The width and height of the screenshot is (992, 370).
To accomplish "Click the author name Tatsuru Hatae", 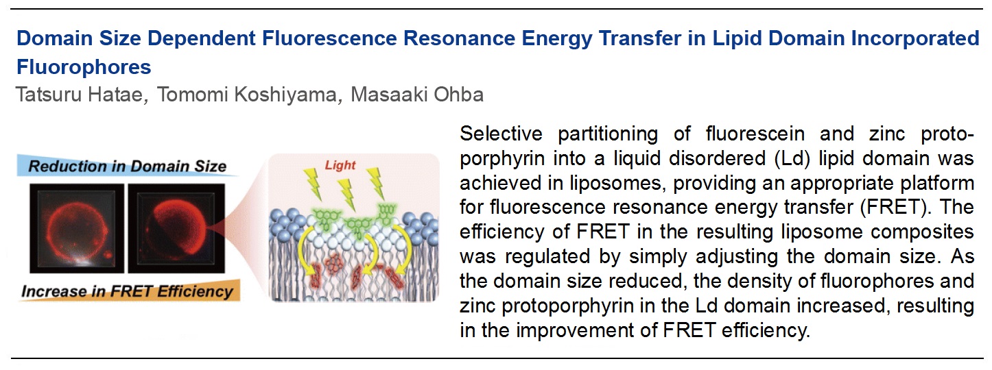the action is coord(79,95).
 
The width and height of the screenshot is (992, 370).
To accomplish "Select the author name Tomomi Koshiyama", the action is coord(246,95).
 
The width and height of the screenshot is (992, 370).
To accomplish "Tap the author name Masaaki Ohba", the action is coord(416,95).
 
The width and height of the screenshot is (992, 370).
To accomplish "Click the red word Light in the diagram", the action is coord(340,165).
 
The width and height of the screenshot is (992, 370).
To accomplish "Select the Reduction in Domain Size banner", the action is coord(128,166).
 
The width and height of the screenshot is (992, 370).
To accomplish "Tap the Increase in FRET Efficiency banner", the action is coord(128,291).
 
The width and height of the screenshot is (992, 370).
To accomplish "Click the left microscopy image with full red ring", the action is coord(77,228).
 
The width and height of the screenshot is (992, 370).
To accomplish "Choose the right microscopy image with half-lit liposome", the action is coord(176,228).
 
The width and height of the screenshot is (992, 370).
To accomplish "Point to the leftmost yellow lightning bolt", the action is coord(314,184).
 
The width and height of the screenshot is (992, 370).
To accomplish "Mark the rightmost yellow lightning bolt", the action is coord(375,183).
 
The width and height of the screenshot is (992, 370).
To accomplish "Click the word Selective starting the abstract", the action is coord(501,134).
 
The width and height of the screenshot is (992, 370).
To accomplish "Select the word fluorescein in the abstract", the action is coord(755,134).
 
